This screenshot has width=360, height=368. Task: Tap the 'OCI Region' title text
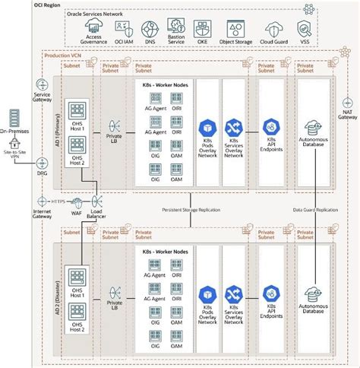pyautogui.click(x=48, y=5)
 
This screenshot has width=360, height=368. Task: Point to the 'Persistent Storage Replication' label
pyautogui.click(x=190, y=209)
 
